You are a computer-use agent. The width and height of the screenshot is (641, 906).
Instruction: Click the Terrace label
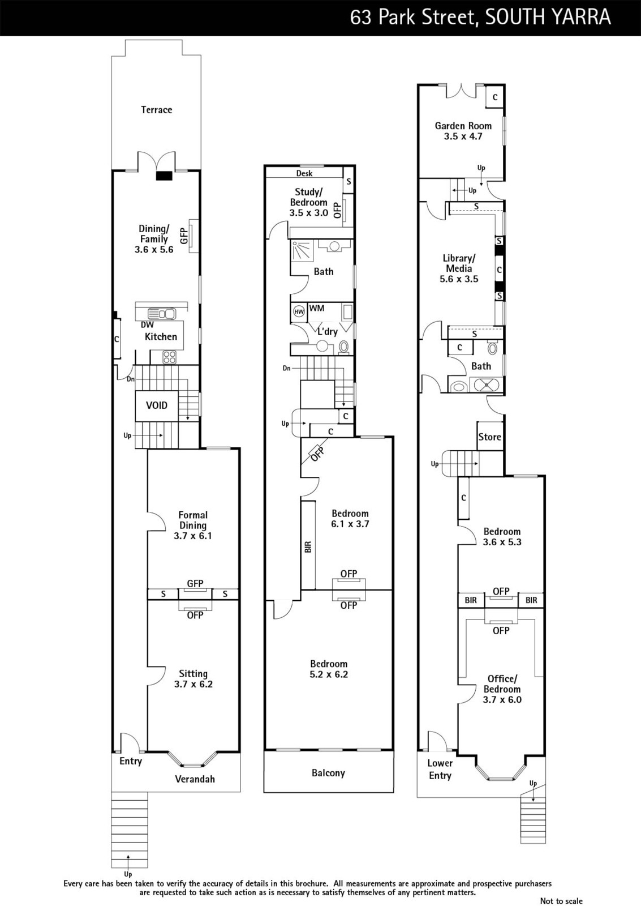[156, 110]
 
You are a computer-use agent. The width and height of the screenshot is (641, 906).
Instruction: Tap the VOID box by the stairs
[156, 405]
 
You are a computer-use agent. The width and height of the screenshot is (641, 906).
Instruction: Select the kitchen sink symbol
[162, 314]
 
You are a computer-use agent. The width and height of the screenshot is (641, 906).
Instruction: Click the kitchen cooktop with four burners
[169, 357]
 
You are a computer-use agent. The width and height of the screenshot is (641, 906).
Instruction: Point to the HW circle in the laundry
[299, 312]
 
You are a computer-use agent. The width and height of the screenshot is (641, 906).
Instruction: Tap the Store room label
[489, 437]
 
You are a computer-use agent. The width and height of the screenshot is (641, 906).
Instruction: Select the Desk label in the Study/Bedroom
[304, 173]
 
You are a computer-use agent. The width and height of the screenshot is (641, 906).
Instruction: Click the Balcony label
[328, 773]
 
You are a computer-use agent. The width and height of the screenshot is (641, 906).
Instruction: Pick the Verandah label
[195, 779]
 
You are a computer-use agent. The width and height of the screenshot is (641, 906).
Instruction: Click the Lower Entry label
[440, 770]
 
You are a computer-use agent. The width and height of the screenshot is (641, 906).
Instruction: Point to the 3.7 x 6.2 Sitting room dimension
[193, 684]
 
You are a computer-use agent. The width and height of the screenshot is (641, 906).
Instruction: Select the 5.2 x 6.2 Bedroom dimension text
[329, 674]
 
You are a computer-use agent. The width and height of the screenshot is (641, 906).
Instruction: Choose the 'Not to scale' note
[561, 901]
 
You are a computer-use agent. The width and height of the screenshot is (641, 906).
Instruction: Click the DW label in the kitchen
[147, 324]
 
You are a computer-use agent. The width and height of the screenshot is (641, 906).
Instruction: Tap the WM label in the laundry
[316, 308]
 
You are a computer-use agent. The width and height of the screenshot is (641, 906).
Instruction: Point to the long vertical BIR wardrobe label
[308, 547]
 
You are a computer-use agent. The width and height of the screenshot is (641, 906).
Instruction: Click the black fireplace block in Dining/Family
[165, 176]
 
